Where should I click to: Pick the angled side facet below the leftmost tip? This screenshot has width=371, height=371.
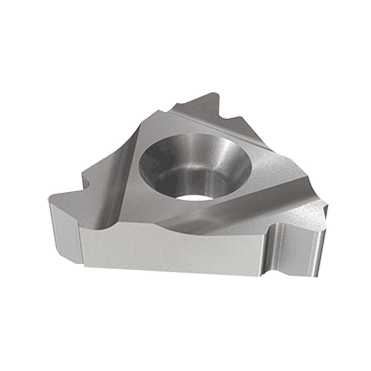(x=65, y=230)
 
